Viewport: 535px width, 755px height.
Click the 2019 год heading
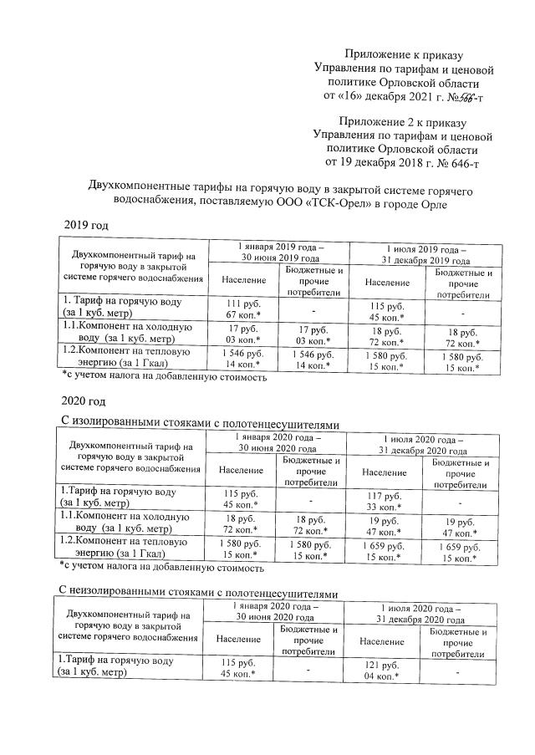coord(86,226)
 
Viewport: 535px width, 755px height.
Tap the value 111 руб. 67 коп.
coord(238,308)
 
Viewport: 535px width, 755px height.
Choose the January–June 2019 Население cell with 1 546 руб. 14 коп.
coord(238,360)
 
